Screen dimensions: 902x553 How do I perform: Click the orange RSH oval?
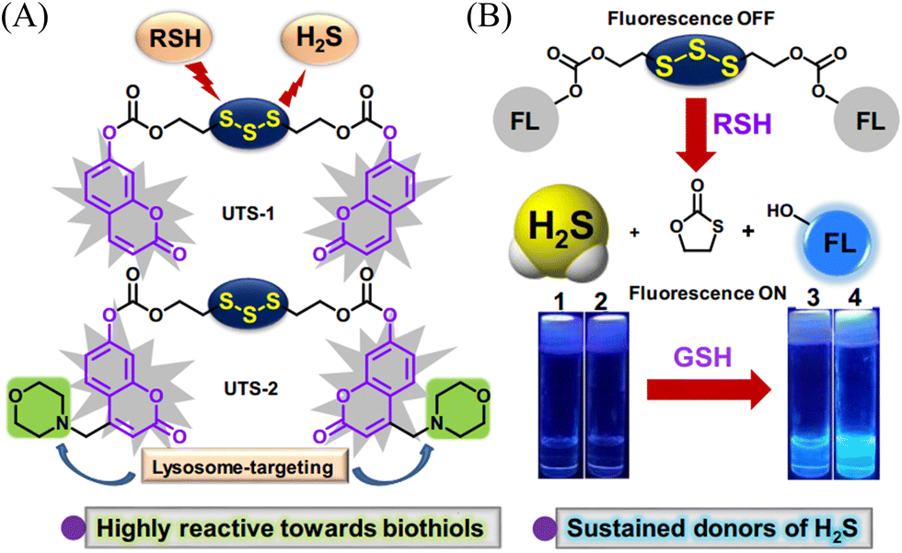(x=175, y=38)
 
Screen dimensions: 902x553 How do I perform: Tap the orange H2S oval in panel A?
(x=319, y=38)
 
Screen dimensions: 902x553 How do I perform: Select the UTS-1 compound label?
(x=249, y=213)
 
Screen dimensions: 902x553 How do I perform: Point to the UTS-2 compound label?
(x=250, y=388)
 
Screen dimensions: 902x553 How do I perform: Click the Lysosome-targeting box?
(x=242, y=467)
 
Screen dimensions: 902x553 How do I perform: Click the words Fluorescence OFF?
(x=691, y=18)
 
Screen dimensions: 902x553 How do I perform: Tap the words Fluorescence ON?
(x=707, y=294)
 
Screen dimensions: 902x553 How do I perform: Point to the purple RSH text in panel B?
(x=742, y=123)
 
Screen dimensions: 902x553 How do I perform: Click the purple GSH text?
(x=703, y=357)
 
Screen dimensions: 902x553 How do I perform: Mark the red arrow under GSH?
(x=709, y=393)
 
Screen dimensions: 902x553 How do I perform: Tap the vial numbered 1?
(x=561, y=395)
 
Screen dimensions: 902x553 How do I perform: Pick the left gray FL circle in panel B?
(x=526, y=120)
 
